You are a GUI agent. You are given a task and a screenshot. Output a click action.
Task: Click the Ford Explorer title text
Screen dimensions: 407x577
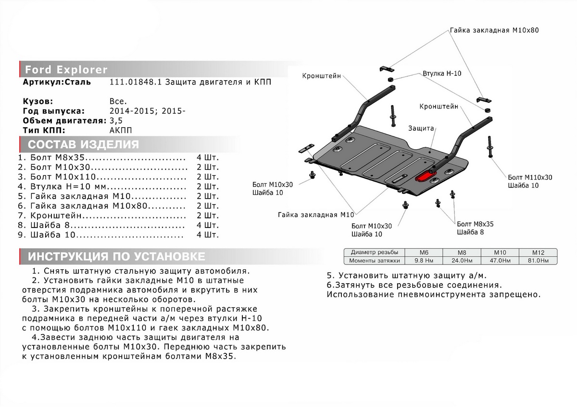point(66,70)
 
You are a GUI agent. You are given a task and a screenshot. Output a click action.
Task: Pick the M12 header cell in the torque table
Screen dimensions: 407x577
point(538,252)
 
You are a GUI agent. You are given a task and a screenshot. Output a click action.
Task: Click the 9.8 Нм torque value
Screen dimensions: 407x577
point(424,261)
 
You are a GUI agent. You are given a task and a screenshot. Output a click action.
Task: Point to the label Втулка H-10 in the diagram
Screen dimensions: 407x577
point(442,74)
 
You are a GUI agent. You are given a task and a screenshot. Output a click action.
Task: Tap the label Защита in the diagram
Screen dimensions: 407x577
point(421,129)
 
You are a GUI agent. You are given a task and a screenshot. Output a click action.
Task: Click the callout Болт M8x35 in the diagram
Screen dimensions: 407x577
point(475,224)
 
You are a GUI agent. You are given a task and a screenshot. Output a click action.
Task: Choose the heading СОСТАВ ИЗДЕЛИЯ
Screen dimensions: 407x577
point(84,145)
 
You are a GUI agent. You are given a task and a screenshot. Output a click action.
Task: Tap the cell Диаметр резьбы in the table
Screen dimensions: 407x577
point(375,252)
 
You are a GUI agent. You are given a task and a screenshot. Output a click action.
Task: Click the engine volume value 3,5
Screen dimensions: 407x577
point(115,120)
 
